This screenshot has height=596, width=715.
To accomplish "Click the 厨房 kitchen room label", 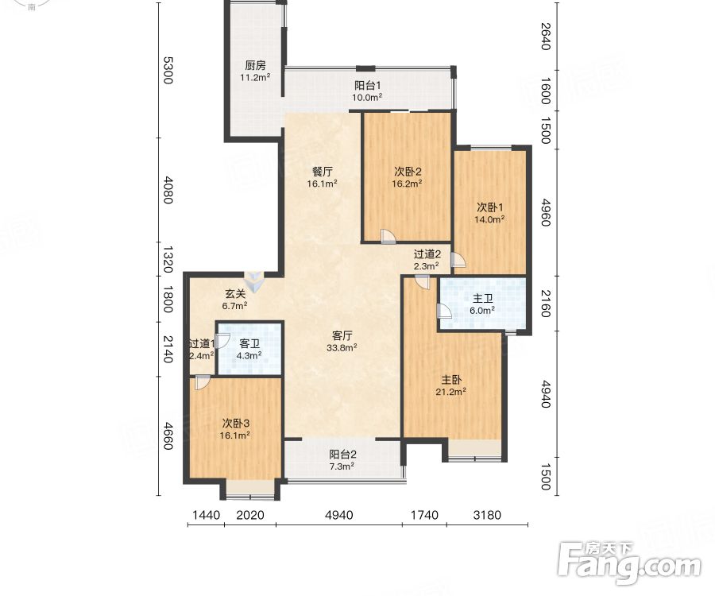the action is [255, 66].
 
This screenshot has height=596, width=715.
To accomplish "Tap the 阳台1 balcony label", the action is [368, 85].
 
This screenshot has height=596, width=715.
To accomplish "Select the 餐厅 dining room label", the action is [323, 172].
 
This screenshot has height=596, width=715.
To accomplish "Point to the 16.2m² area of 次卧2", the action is [407, 184].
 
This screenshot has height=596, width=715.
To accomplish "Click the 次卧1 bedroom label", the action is [489, 207].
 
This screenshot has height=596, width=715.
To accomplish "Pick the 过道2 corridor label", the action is [427, 254].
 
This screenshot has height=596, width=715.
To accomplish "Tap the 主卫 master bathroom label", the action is [482, 299].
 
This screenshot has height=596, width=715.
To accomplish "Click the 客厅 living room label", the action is [342, 336].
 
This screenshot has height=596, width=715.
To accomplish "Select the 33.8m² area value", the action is [342, 348].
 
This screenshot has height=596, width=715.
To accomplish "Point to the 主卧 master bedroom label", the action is [451, 380].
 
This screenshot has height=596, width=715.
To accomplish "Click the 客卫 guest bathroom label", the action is [249, 344].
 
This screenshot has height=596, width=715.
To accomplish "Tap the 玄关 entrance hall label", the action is [235, 294].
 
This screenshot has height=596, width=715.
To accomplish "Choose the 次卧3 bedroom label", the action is [236, 424].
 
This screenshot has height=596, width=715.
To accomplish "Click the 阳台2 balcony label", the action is [342, 455].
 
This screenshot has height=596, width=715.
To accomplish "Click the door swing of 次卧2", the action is [388, 236].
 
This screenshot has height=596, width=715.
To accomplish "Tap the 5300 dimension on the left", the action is [168, 70].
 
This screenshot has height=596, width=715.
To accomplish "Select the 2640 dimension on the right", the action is [545, 36].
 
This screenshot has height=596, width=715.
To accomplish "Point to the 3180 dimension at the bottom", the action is [487, 515].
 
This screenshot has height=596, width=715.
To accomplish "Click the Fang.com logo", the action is [629, 563].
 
